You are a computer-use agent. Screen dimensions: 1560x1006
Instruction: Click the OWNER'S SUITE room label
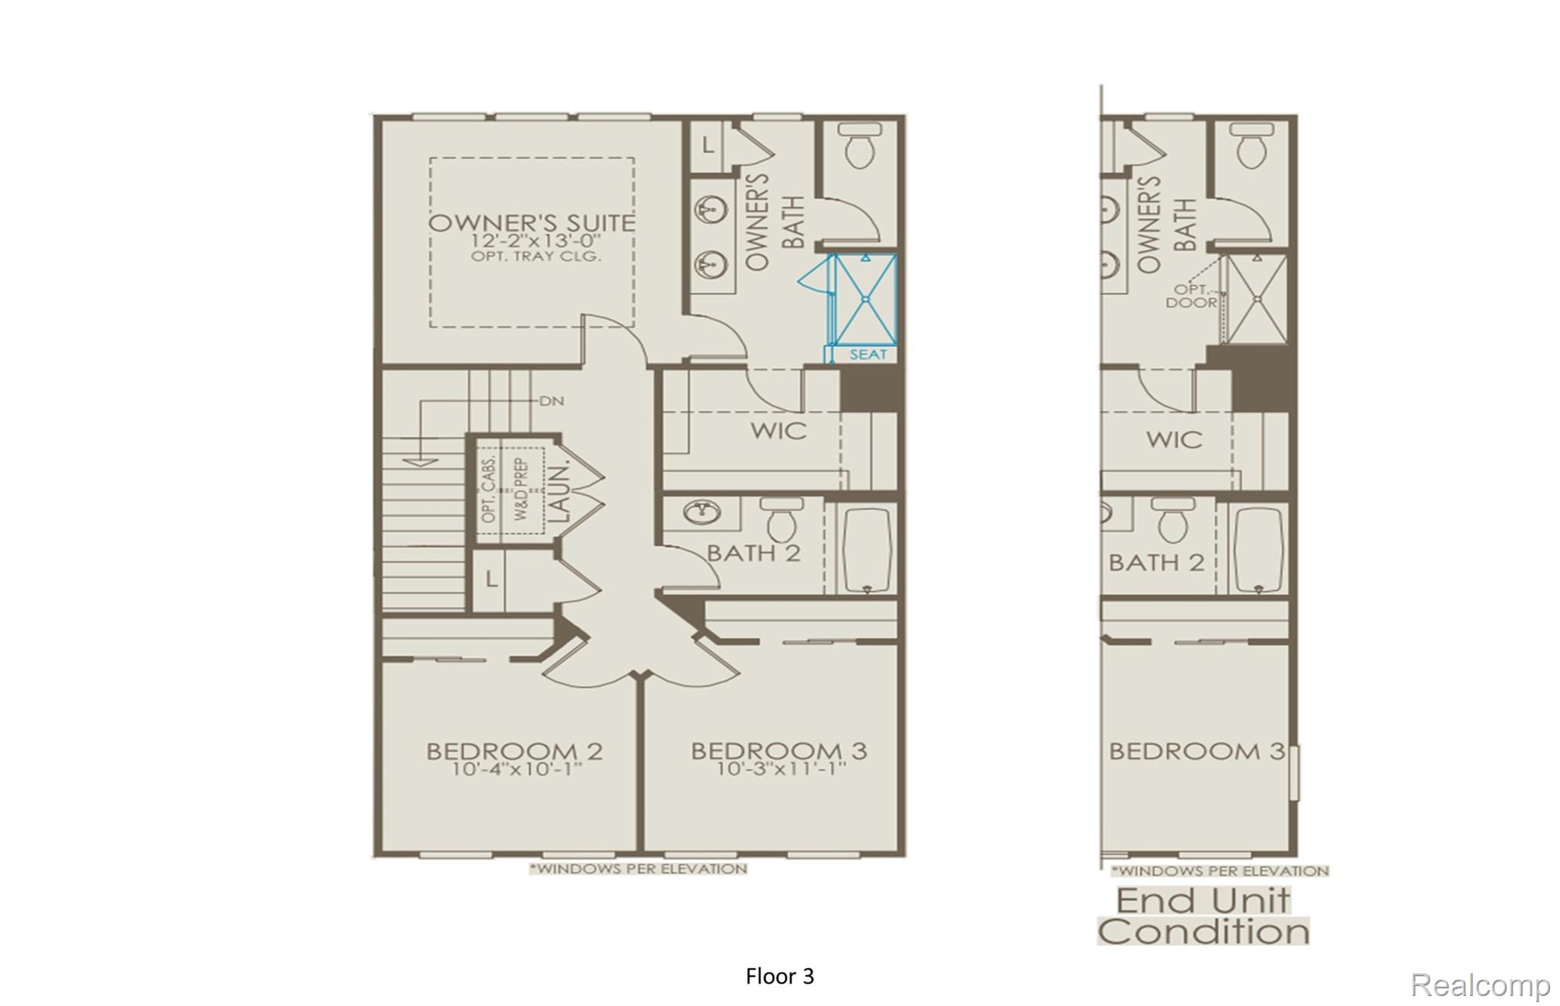point(532,223)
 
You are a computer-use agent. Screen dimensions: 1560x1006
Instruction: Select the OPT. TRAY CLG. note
point(536,257)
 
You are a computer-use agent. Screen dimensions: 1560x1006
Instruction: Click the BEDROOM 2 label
point(515,752)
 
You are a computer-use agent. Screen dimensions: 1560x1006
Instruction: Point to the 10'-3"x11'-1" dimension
point(781,769)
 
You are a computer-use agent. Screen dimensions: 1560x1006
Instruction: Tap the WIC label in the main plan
point(778,430)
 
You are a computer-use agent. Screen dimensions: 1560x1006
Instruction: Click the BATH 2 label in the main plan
point(754,553)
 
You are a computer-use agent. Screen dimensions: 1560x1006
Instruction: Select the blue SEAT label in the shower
point(868,354)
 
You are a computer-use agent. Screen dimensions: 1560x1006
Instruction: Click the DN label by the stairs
point(551,401)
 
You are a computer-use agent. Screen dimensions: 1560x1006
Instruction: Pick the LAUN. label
point(559,493)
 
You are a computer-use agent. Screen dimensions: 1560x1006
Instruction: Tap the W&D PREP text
point(522,489)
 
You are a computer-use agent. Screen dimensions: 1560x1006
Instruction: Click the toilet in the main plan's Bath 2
point(782,519)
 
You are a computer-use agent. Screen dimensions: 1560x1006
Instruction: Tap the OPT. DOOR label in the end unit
point(1191,295)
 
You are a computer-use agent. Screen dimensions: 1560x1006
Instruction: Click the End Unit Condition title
point(1204,916)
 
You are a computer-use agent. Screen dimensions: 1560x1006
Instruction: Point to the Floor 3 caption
point(780,976)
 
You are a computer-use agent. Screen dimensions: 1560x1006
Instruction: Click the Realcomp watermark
point(1480,985)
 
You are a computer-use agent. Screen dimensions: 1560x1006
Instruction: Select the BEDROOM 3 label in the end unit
point(1197,752)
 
